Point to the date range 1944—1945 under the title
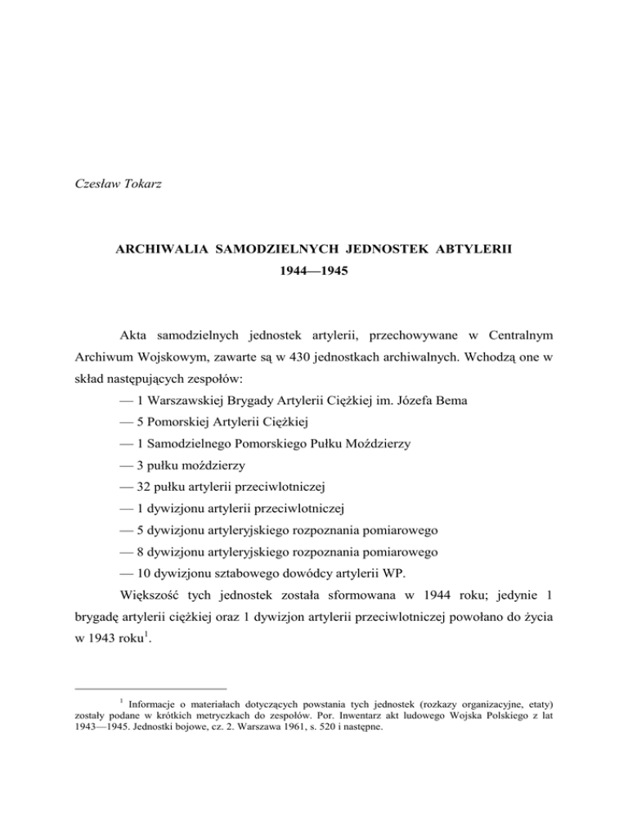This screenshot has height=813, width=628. [x=313, y=290]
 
